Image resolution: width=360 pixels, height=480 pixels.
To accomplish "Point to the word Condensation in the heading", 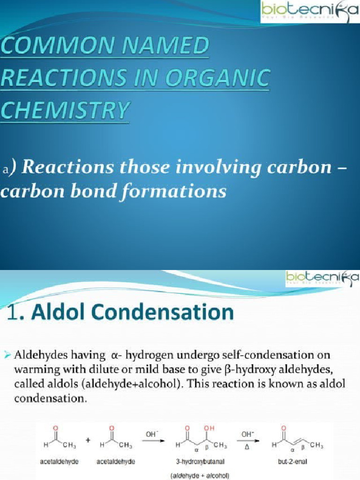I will tap(176, 312).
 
